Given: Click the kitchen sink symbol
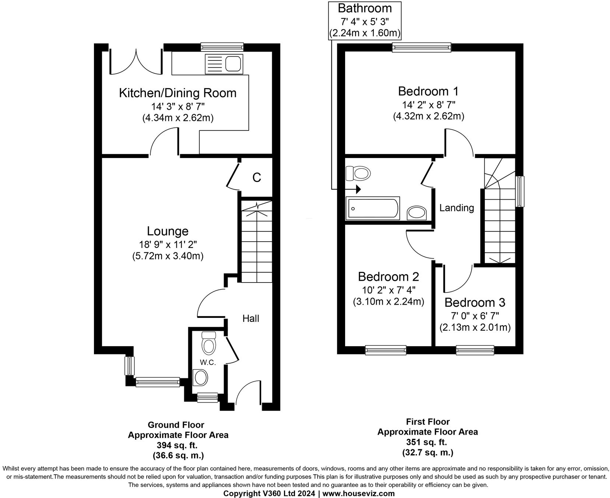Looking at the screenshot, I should (224, 63).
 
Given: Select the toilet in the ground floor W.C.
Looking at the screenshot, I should (209, 343).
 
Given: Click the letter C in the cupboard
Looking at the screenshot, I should (257, 178).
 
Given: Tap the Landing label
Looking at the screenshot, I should (456, 208).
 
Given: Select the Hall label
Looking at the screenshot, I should (250, 318).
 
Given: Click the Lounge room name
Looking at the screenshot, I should (168, 231).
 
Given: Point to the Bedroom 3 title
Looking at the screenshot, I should (474, 302).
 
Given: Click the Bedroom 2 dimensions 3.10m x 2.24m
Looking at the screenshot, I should (389, 302).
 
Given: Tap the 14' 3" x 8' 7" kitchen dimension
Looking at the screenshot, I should (178, 106).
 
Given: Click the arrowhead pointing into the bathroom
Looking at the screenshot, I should (358, 190).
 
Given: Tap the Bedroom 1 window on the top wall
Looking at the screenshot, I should (421, 46).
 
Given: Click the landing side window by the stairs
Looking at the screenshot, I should (520, 192).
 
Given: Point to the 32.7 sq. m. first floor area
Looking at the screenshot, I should (427, 452).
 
